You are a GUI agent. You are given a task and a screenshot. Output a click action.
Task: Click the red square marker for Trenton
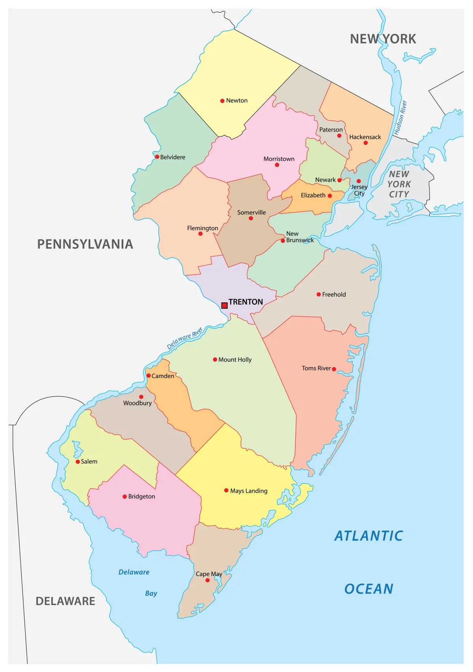(224, 305)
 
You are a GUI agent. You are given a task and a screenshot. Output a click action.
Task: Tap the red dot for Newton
(222, 101)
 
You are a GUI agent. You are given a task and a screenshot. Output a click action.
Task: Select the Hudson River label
(400, 118)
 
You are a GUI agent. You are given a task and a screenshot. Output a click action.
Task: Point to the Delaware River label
(184, 338)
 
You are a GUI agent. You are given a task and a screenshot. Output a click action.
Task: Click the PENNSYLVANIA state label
(85, 244)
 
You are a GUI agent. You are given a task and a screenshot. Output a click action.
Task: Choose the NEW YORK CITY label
(399, 184)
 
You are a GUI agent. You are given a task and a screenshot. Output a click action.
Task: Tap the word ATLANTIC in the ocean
(369, 536)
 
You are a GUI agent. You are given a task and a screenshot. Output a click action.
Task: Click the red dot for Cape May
(207, 580)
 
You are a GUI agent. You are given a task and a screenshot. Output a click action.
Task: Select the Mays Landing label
(249, 491)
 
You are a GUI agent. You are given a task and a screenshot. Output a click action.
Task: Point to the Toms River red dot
(334, 369)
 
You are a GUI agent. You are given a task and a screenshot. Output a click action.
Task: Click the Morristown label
(279, 159)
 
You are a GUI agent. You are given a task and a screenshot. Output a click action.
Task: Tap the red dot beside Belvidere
(157, 157)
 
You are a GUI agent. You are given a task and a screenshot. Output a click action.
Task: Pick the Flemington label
(203, 228)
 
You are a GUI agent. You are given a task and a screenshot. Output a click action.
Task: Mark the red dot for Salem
(78, 462)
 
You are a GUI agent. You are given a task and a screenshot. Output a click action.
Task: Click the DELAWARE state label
(65, 601)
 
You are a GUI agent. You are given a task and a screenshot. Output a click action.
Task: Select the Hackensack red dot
(365, 143)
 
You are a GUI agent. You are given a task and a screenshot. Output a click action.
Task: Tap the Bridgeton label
(142, 497)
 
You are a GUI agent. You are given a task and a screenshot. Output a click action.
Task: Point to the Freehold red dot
(318, 295)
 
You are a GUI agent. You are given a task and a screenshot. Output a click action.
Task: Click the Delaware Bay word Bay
(151, 594)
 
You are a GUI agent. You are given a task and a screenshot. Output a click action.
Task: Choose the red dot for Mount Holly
(215, 360)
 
